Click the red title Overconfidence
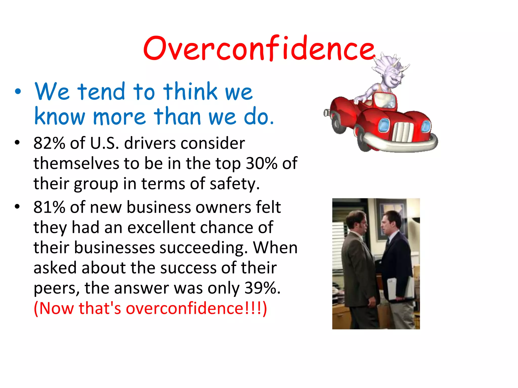point(258,48)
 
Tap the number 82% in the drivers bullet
point(49,143)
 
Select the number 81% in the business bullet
point(49,207)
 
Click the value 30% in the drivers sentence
point(262,163)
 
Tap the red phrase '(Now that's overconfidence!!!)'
point(150,308)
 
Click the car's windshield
point(385,101)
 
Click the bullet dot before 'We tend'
point(17,92)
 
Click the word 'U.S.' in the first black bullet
point(104,143)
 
